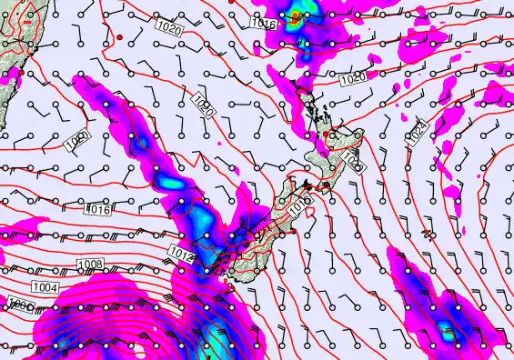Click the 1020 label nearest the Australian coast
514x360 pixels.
coord(78,140)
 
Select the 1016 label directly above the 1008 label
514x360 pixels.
coord(98,210)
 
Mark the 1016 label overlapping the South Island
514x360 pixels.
coord(299,208)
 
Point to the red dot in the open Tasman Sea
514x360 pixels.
coord(119,36)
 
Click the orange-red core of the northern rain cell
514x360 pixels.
coord(296,15)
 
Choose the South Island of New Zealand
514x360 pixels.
coord(255,241)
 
